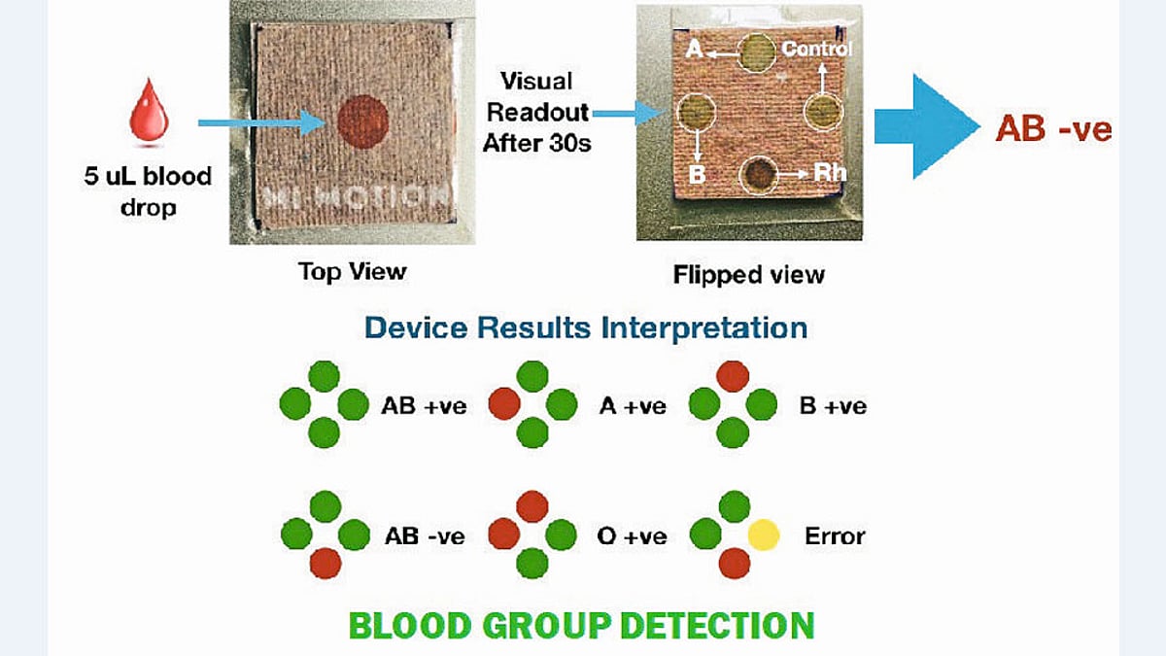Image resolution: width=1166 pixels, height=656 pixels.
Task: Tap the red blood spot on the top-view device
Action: tap(363, 121)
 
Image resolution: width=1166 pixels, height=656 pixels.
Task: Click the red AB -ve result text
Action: tap(1053, 129)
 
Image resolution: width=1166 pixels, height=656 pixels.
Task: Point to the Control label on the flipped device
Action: tap(816, 49)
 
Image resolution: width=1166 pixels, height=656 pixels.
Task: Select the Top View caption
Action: tap(352, 271)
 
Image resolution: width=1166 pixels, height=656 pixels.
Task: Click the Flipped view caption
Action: tap(748, 275)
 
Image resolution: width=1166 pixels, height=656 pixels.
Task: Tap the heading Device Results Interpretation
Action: tap(586, 327)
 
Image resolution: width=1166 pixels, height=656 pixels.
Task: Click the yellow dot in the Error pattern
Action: tap(763, 535)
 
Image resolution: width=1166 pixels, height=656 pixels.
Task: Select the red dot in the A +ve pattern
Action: tap(503, 403)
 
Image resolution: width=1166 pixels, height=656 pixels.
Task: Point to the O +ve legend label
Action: tap(632, 535)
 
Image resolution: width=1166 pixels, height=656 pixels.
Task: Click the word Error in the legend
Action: tap(835, 535)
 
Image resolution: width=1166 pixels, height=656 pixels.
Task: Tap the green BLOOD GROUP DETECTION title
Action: tap(581, 625)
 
